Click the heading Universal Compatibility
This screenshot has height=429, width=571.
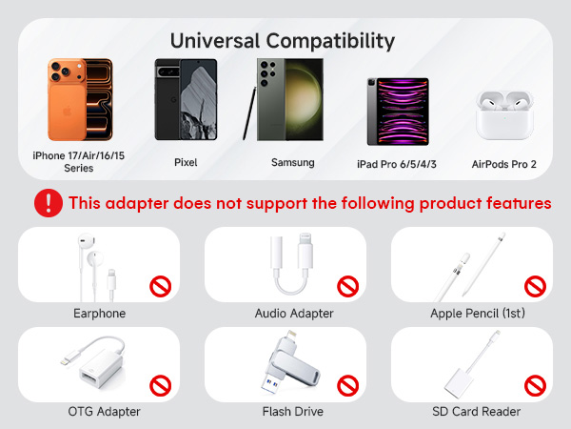[x=281, y=41]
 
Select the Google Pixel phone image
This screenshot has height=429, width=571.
[x=186, y=101]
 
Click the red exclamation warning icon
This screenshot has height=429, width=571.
[x=47, y=202]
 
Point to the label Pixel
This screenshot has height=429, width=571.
[x=186, y=163]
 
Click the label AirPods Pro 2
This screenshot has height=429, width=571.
[x=503, y=164]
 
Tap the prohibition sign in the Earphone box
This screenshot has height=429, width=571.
[x=160, y=286]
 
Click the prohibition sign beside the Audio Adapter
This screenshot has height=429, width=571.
[x=348, y=286]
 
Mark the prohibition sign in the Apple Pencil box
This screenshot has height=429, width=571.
[x=535, y=286]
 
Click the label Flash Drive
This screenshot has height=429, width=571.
[x=292, y=412]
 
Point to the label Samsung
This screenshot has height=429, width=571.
[x=292, y=163]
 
